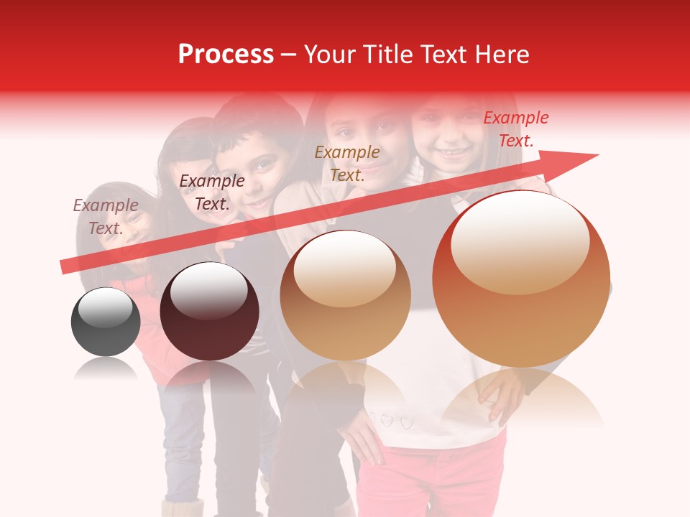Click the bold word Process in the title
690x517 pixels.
[x=226, y=55]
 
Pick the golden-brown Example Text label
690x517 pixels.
[x=347, y=163]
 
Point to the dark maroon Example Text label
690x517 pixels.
[x=211, y=192]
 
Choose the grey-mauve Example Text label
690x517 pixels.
[x=105, y=216]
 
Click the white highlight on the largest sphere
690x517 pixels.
[x=520, y=242]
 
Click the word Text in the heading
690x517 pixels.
[x=441, y=55]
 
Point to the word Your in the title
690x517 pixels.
[x=329, y=55]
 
